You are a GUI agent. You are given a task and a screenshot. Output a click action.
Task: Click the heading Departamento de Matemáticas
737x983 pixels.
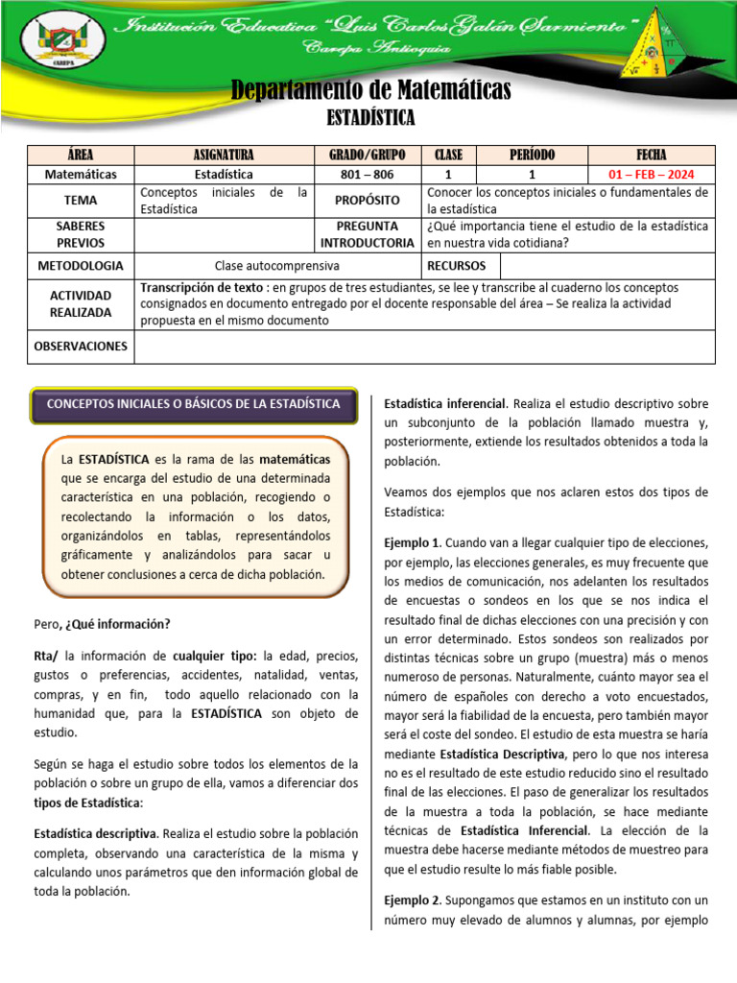(370, 91)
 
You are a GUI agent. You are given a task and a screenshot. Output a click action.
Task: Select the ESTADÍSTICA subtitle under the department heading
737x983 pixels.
(370, 117)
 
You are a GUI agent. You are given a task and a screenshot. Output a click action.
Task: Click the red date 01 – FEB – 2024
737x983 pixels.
(651, 175)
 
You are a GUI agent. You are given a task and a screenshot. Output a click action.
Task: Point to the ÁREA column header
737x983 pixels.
(81, 155)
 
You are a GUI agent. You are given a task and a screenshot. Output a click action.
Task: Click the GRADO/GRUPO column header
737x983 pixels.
(368, 155)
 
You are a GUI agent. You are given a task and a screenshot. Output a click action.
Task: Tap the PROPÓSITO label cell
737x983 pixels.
(368, 201)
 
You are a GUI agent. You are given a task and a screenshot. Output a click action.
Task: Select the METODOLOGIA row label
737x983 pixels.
(81, 265)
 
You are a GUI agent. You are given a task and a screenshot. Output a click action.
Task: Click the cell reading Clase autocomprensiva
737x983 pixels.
(278, 265)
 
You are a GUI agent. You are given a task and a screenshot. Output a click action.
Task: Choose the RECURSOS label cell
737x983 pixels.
(456, 265)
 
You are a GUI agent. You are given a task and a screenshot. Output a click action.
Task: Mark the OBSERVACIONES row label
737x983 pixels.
(81, 346)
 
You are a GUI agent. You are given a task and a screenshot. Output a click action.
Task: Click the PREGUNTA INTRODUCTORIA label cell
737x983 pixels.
(368, 234)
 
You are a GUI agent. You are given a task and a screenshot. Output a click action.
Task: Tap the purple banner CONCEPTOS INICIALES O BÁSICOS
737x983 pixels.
(193, 404)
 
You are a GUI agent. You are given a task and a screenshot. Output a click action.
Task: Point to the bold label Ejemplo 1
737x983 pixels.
(412, 542)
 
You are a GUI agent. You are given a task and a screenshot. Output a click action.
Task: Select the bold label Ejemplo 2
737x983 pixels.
(412, 899)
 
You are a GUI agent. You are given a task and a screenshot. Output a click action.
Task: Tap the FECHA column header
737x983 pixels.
(651, 155)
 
